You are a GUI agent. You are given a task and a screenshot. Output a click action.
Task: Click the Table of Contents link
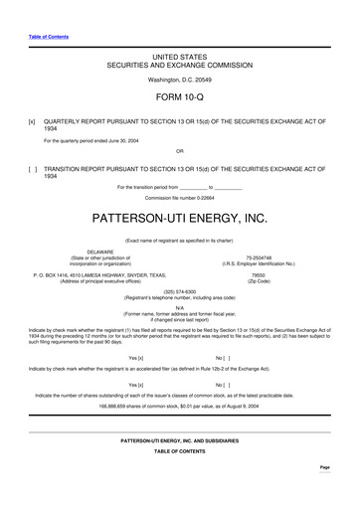[42, 37]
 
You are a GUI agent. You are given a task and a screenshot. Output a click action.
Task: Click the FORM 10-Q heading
[179, 99]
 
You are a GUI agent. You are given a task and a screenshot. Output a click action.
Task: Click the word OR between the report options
[179, 151]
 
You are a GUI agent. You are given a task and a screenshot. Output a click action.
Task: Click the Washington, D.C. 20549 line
[179, 78]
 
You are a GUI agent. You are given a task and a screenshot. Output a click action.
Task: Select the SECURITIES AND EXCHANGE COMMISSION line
[179, 62]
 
